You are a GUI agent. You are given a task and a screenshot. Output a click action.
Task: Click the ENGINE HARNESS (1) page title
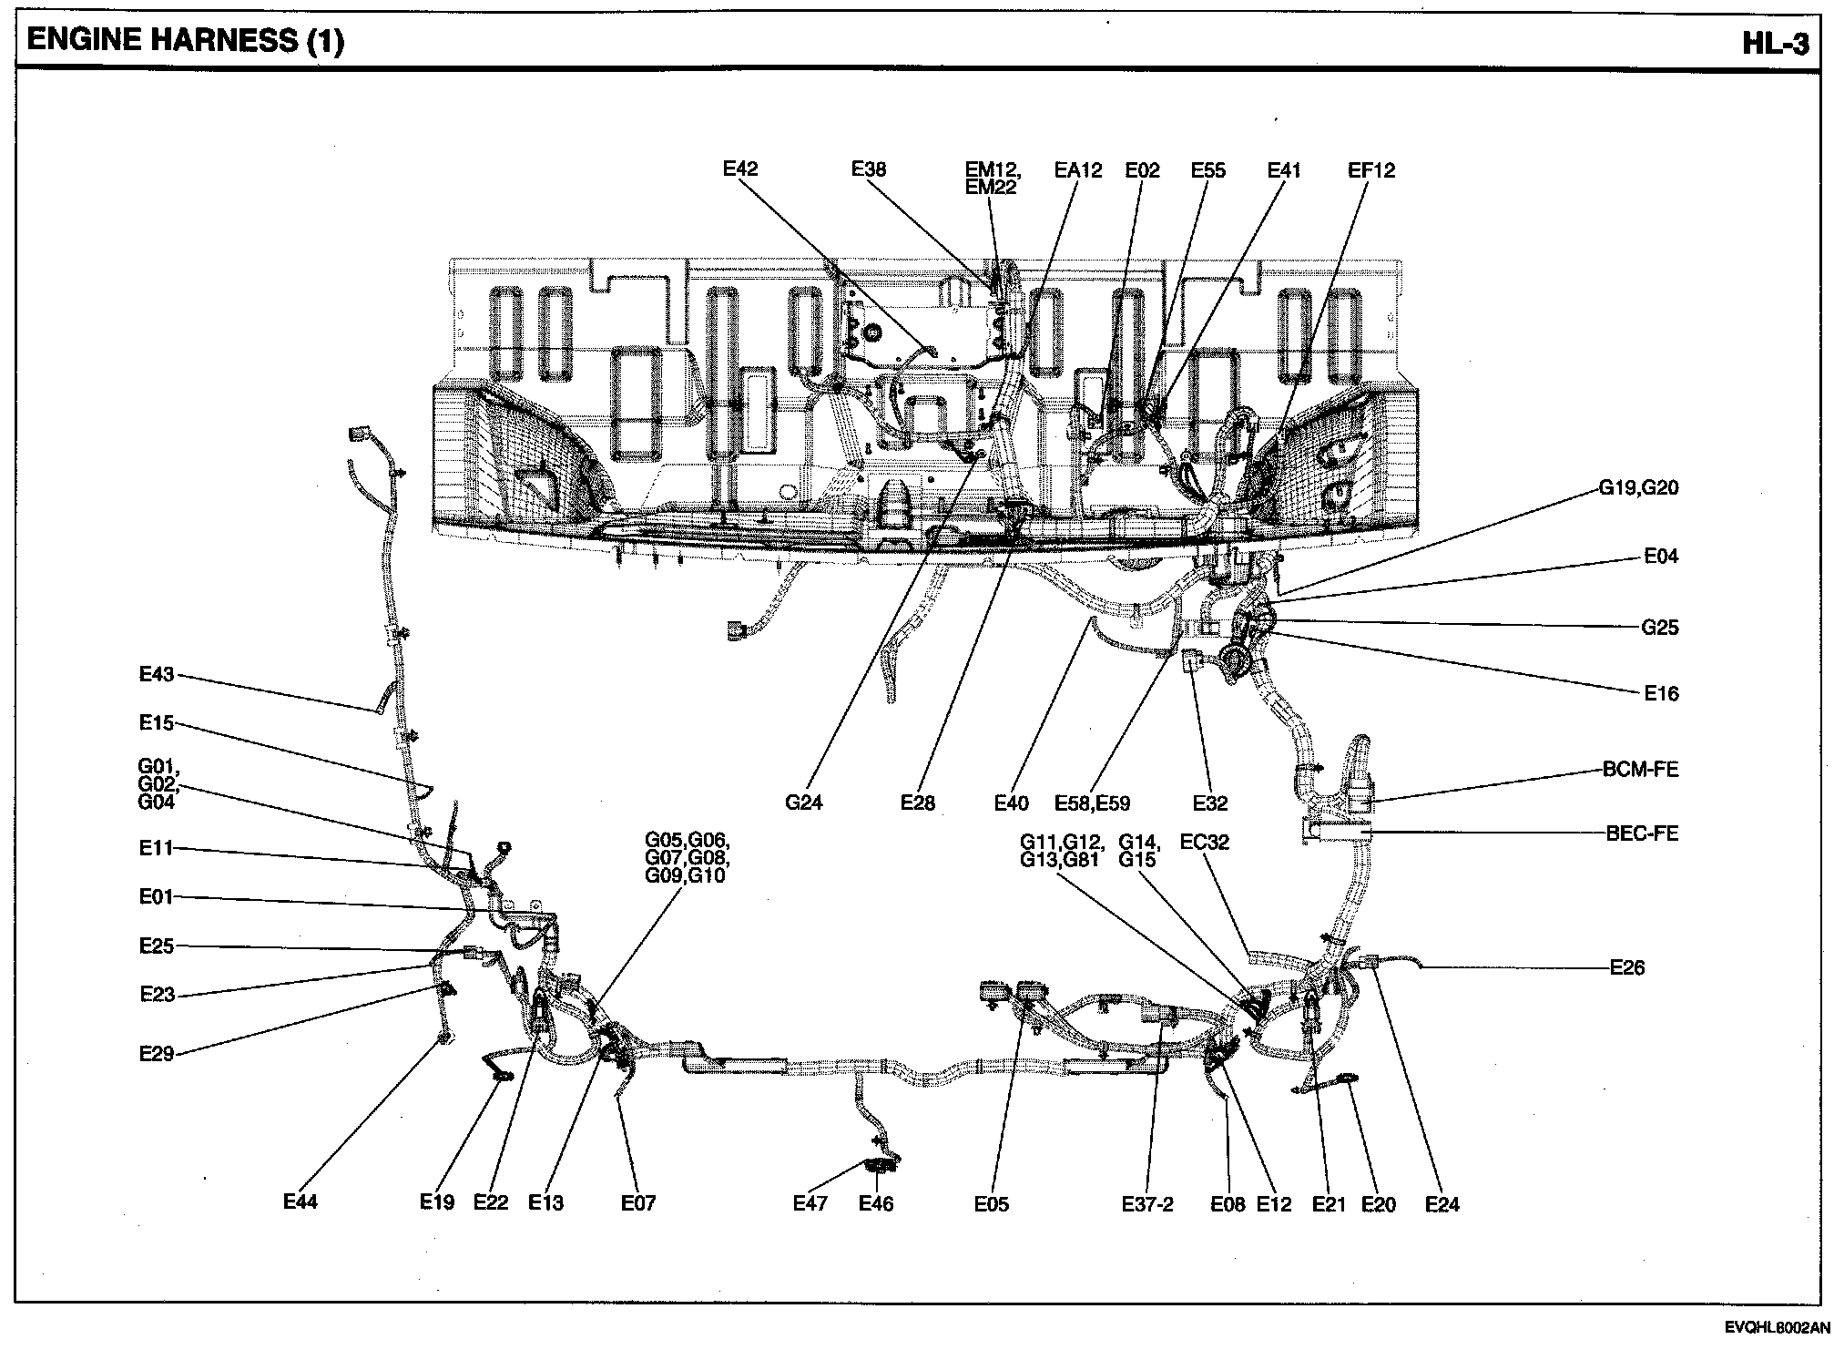click(186, 41)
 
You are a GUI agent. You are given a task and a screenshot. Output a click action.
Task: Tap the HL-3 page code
click(1776, 43)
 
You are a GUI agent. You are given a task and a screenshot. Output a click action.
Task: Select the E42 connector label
click(740, 169)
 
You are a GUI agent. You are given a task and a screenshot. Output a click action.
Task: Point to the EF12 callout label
click(1370, 170)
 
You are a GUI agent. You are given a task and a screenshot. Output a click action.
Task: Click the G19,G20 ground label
click(1638, 487)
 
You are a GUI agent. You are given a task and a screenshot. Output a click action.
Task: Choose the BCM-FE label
click(1640, 769)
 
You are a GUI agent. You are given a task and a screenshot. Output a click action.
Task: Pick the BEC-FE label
click(1642, 833)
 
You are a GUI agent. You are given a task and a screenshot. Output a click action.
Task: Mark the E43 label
click(156, 674)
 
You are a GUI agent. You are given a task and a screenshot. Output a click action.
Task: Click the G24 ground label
click(803, 803)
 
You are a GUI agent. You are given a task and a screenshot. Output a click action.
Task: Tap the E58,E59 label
click(1092, 803)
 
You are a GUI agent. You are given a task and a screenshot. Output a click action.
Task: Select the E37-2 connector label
click(1147, 1204)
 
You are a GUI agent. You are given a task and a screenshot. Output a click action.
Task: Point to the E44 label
click(301, 1201)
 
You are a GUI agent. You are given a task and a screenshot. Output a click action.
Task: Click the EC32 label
click(1204, 842)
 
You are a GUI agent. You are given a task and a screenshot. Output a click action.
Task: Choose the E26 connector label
click(1627, 967)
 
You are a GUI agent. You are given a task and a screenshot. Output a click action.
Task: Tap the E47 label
click(810, 1203)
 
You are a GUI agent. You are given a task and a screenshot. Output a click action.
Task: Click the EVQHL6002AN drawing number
click(1776, 1354)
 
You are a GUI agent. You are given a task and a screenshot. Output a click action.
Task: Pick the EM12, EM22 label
click(993, 179)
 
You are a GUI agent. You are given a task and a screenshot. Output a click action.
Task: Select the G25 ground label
click(1659, 628)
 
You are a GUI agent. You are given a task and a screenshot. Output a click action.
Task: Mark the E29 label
click(157, 1054)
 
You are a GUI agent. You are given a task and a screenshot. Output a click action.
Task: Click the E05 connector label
click(991, 1204)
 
